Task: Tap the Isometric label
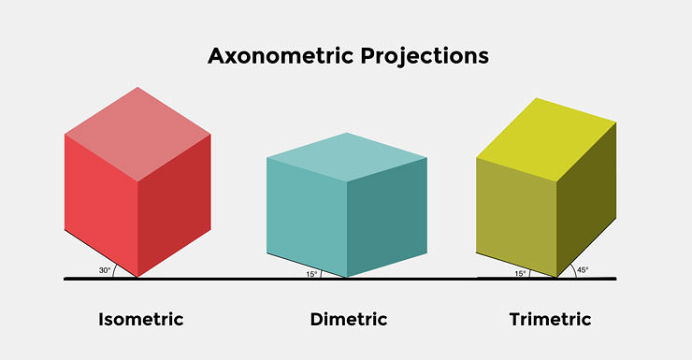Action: pyautogui.click(x=140, y=320)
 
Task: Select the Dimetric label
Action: pyautogui.click(x=348, y=320)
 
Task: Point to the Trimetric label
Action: pyautogui.click(x=550, y=320)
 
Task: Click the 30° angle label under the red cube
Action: pyautogui.click(x=105, y=271)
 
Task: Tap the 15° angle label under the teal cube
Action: pyautogui.click(x=311, y=274)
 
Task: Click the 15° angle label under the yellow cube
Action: pyautogui.click(x=520, y=274)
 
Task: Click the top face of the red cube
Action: pyautogui.click(x=137, y=134)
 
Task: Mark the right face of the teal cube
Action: pyautogui.click(x=387, y=217)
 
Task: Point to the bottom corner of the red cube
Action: pyautogui.click(x=137, y=277)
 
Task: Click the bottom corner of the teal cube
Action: pyautogui.click(x=347, y=278)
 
